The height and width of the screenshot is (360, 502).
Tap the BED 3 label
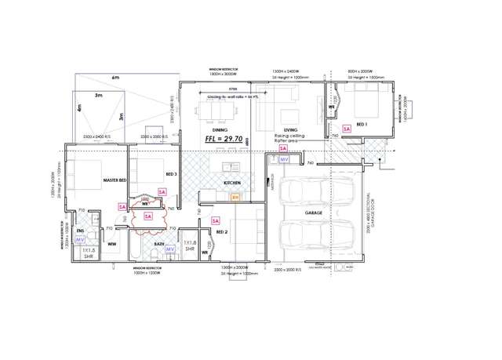171,174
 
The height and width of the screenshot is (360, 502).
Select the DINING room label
209,129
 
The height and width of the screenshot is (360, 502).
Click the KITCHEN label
232,183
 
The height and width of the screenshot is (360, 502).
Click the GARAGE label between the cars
313,213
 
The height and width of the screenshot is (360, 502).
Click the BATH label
159,244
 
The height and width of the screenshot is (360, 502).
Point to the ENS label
80,231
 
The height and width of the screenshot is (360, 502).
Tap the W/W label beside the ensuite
111,244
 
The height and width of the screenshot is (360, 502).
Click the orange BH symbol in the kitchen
235,198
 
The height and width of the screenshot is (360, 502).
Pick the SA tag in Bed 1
346,128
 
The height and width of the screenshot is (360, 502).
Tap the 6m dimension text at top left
115,78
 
